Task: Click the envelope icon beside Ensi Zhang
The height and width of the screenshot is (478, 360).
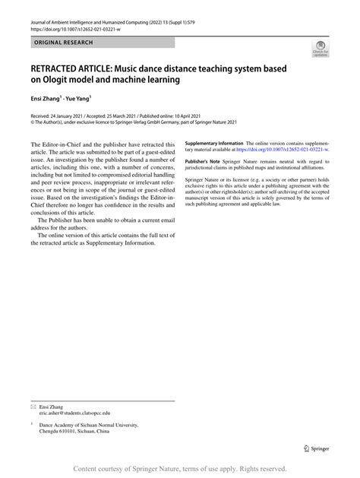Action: point(33,408)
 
